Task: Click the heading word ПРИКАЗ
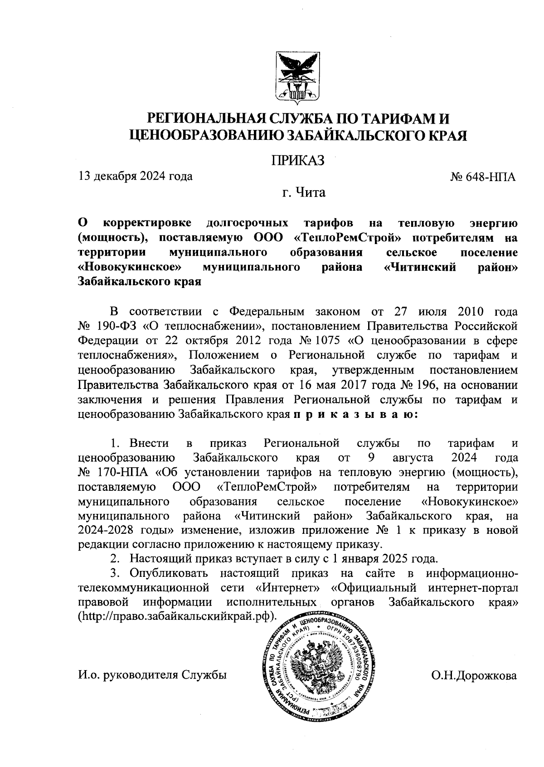[298, 160]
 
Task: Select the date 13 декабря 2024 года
[136, 176]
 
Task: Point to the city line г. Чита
[303, 193]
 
